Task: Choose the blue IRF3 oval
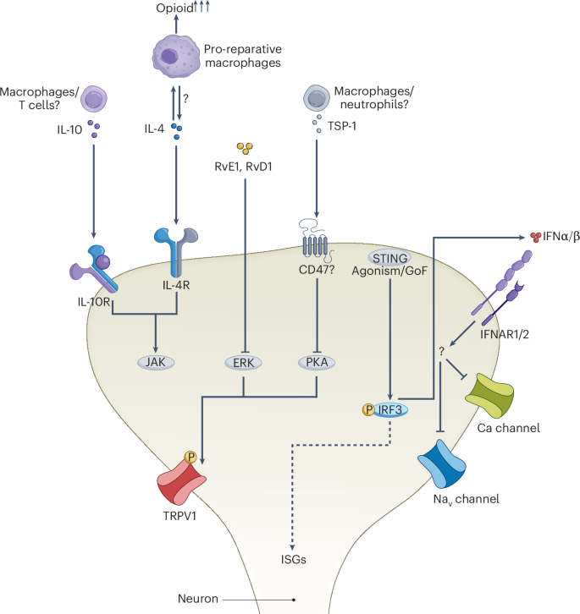pos(388,409)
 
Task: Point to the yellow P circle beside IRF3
pos(364,409)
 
